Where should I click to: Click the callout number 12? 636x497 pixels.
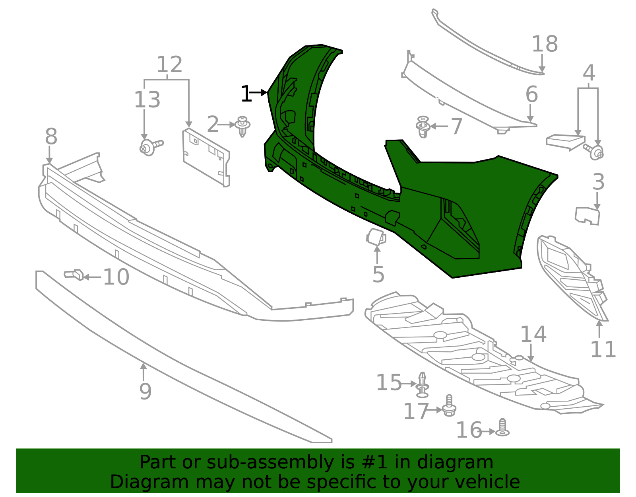pos(169,64)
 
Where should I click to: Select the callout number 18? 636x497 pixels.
pos(545,44)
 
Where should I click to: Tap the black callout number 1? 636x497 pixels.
pos(246,94)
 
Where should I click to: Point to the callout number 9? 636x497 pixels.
pos(145,392)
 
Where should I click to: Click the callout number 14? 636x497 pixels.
pos(533,334)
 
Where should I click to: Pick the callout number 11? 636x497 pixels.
pos(603,350)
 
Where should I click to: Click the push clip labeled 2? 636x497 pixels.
pos(242,126)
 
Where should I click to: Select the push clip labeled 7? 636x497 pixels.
pos(423,127)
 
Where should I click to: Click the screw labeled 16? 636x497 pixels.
pos(503,428)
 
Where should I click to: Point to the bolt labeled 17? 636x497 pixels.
pos(449,406)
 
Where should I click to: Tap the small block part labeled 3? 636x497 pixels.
pos(587,215)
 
